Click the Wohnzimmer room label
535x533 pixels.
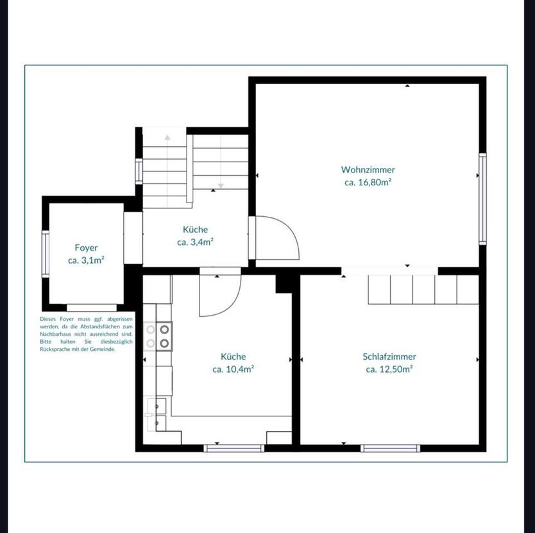tap(368, 170)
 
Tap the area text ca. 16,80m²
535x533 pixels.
tap(368, 182)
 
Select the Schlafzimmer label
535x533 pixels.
tap(389, 357)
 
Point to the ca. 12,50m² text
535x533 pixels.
tap(389, 369)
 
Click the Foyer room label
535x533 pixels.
tap(86, 248)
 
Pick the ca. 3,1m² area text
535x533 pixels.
tap(86, 260)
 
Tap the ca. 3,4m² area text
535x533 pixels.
tap(195, 242)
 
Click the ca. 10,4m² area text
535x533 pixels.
tap(233, 369)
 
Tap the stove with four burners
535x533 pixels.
tap(158, 336)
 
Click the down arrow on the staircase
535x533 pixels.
tap(221, 185)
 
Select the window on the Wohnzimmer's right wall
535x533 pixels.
tap(482, 198)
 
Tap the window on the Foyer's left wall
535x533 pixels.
tap(46, 253)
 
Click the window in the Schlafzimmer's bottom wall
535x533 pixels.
tap(390, 448)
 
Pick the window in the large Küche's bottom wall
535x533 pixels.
tap(234, 448)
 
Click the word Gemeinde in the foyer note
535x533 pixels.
tap(102, 350)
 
